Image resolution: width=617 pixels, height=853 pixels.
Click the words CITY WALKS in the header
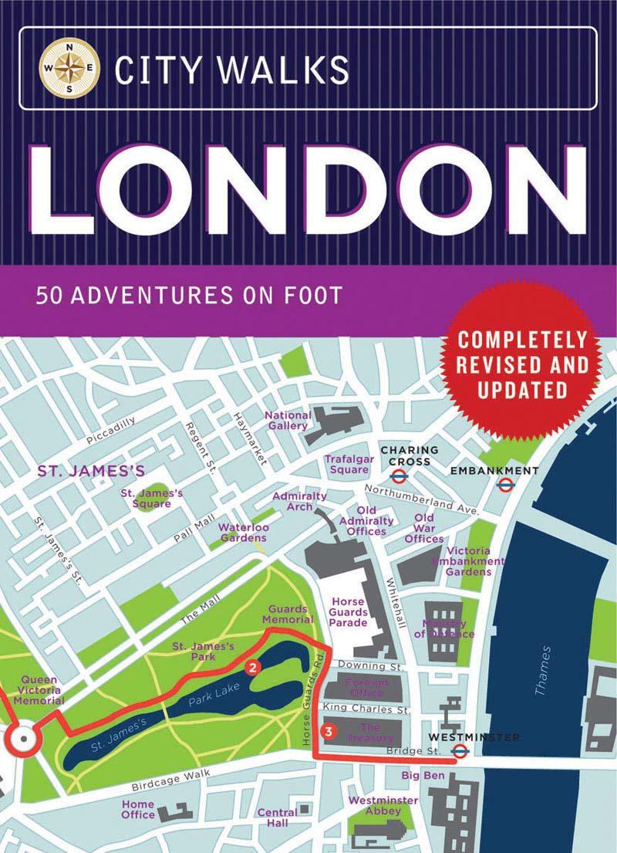point(231,69)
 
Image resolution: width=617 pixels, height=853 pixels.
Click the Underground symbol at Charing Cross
point(399,477)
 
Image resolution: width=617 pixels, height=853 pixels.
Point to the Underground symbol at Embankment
point(506,484)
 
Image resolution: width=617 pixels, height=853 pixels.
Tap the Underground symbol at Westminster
point(460,751)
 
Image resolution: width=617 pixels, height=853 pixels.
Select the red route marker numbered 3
point(328,730)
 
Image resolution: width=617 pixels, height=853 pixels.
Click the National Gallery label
point(288,420)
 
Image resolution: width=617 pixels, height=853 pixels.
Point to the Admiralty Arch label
point(300,501)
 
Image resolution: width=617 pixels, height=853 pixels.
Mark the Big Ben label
point(422,773)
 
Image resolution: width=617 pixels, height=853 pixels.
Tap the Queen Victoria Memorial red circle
point(24,740)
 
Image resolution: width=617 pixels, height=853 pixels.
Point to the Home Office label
point(138,809)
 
